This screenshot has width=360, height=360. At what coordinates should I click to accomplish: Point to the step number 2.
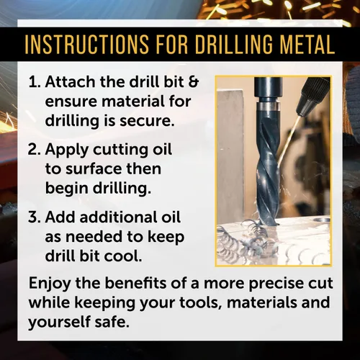35,150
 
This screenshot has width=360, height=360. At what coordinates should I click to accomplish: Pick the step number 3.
35,217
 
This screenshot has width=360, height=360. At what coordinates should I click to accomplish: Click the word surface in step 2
94,169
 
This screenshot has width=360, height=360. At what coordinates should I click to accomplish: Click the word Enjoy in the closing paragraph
50,284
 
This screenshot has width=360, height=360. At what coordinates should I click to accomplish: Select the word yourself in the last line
59,323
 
